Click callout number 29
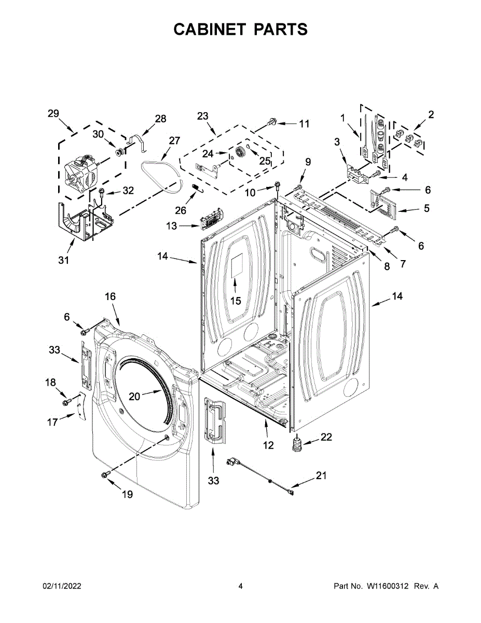click(53, 114)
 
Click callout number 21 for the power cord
click(322, 475)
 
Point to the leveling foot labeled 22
click(297, 445)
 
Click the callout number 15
click(236, 301)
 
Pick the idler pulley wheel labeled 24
click(240, 153)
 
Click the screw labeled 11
click(271, 122)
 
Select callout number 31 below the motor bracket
click(63, 260)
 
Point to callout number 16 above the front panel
click(111, 296)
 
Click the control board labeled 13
click(211, 220)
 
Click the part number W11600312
click(388, 586)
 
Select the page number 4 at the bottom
click(241, 586)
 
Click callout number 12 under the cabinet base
click(268, 445)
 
